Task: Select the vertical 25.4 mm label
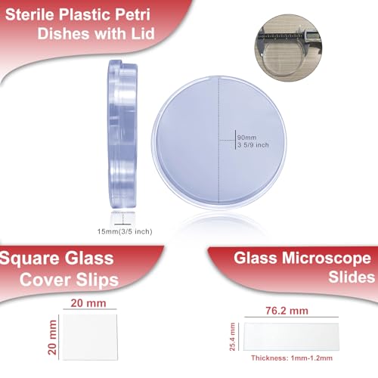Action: [x=231, y=332]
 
